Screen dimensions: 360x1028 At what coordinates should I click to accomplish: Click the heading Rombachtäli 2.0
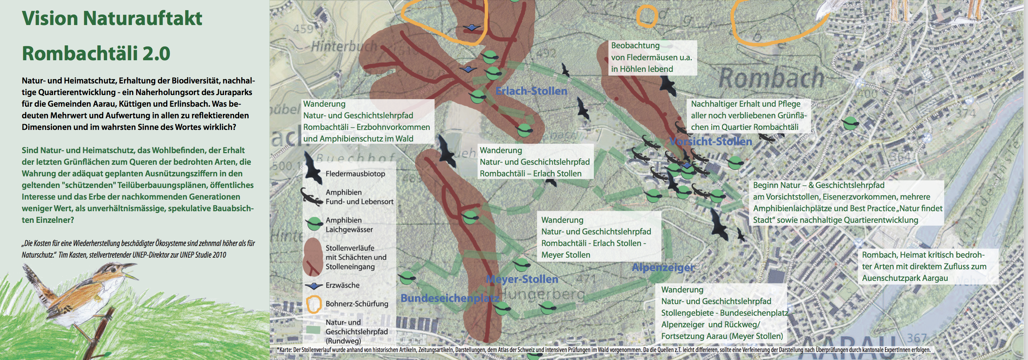pyautogui.click(x=96, y=53)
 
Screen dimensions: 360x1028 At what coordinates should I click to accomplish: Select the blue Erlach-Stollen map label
pyautogui.click(x=531, y=91)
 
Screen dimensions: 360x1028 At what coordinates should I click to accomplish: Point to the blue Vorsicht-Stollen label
pyautogui.click(x=711, y=141)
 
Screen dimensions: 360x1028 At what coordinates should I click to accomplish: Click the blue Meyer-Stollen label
pyautogui.click(x=522, y=279)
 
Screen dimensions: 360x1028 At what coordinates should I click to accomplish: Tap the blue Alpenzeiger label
pyautogui.click(x=663, y=267)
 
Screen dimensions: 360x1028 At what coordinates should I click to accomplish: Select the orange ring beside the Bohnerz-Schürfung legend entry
pyautogui.click(x=314, y=304)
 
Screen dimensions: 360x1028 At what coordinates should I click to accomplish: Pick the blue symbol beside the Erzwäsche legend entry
pyautogui.click(x=314, y=286)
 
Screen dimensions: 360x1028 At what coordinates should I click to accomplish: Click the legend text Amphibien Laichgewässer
pyautogui.click(x=349, y=225)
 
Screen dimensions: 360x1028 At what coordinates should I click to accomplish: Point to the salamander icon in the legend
pyautogui.click(x=312, y=197)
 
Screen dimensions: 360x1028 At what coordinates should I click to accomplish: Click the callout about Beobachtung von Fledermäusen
pyautogui.click(x=651, y=57)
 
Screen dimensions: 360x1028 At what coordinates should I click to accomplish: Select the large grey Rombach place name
pyautogui.click(x=771, y=78)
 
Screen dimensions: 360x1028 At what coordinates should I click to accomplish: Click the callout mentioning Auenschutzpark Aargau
pyautogui.click(x=924, y=266)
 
